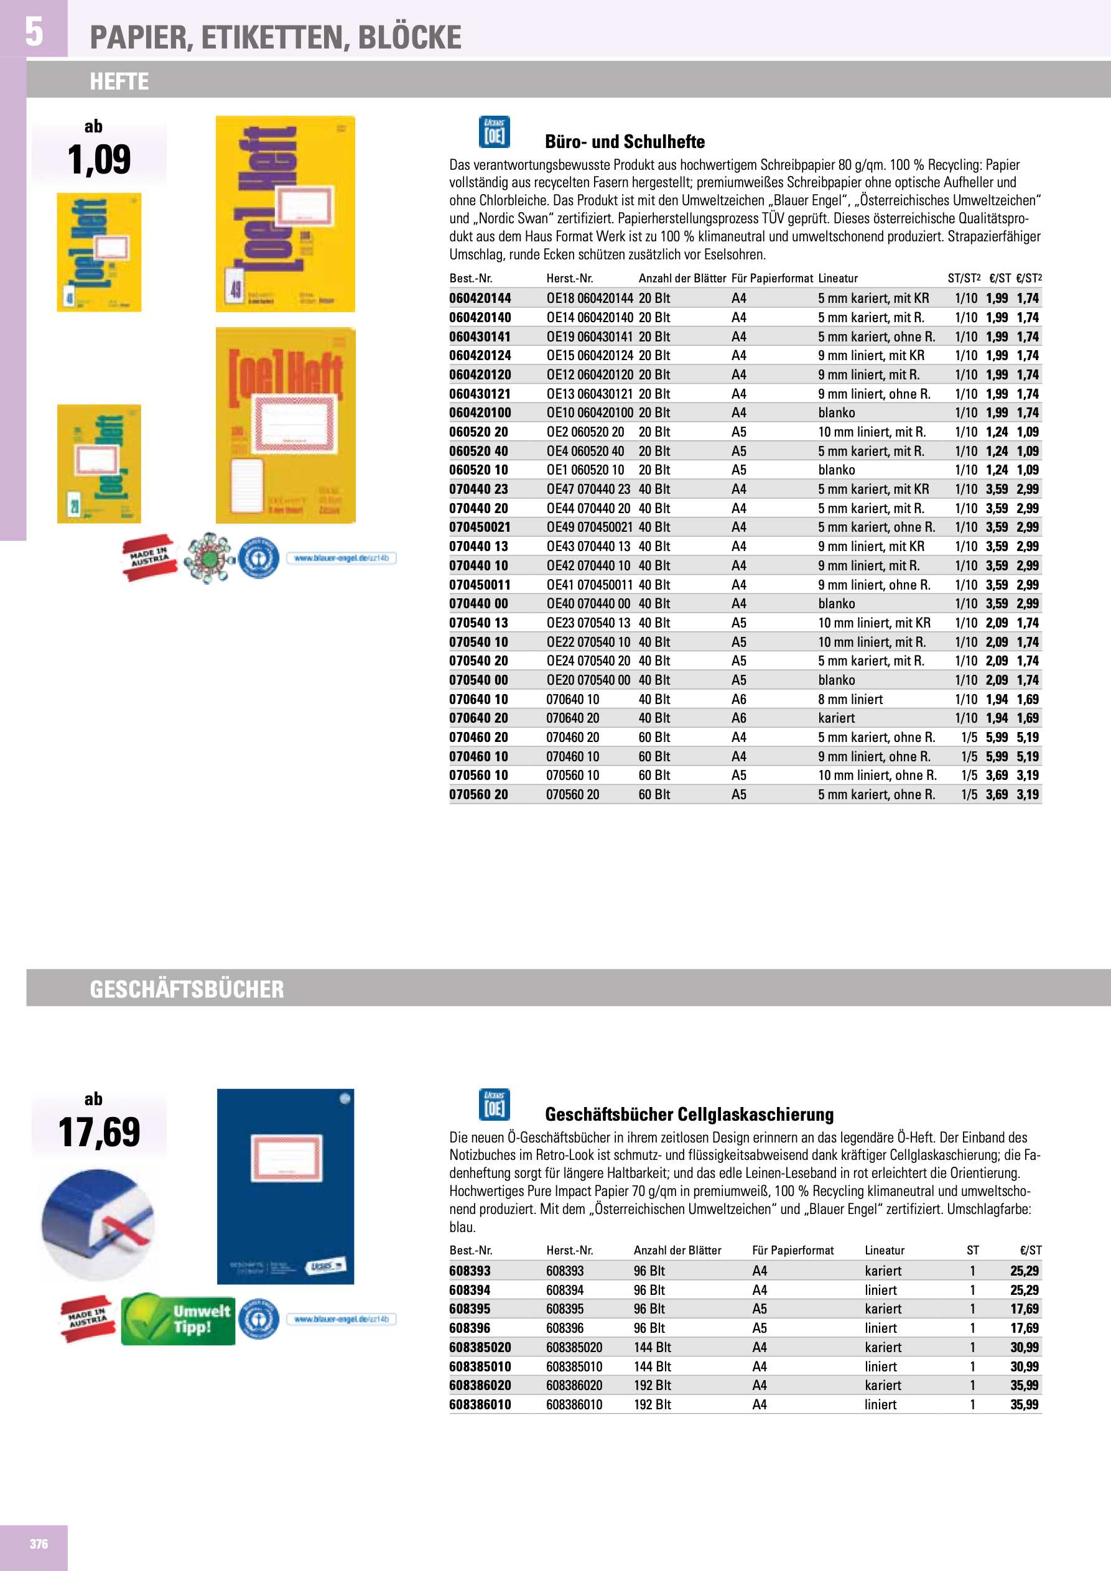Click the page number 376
click(39, 1544)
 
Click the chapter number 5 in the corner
click(34, 32)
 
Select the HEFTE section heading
click(119, 81)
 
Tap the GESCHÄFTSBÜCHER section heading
click(186, 989)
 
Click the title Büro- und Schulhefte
click(625, 142)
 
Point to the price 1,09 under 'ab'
click(100, 160)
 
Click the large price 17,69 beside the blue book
click(100, 1133)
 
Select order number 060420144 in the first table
click(480, 299)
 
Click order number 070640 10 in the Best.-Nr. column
click(478, 699)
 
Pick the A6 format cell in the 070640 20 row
click(738, 718)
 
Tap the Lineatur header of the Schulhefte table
click(837, 279)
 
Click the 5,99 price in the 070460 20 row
click(996, 737)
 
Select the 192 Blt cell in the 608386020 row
click(652, 1385)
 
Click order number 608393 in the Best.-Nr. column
click(470, 1271)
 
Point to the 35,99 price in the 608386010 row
click(1024, 1404)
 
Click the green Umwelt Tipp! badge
click(178, 1319)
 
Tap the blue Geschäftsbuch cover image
click(286, 1186)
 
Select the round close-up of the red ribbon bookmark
click(98, 1225)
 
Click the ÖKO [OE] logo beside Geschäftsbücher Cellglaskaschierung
click(493, 1104)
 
